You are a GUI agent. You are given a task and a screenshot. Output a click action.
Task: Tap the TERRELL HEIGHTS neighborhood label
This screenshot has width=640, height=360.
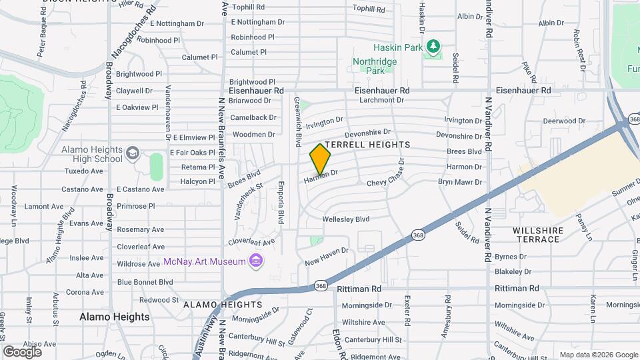[x=366, y=144]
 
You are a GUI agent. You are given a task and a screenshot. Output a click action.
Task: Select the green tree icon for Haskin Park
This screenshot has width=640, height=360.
[x=434, y=45]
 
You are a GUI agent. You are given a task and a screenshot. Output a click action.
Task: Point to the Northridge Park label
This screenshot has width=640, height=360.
[x=375, y=65]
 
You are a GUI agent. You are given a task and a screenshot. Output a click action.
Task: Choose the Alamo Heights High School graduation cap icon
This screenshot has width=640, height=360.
[x=133, y=154]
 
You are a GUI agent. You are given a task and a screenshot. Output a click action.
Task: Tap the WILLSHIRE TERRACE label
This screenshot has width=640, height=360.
[x=538, y=235]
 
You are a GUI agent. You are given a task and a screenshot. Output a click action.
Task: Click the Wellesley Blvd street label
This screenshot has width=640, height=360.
[x=345, y=219]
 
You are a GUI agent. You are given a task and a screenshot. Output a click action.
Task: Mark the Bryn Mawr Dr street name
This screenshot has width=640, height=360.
[x=459, y=181]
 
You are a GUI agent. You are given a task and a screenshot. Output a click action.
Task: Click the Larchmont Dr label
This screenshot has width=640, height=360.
[x=381, y=101]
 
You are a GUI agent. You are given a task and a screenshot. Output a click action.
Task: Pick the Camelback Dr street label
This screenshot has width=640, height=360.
[x=254, y=117]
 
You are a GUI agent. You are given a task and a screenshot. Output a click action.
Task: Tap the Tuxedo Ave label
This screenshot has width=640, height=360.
[x=83, y=171]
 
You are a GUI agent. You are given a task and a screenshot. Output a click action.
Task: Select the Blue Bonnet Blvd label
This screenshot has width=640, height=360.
[x=145, y=282]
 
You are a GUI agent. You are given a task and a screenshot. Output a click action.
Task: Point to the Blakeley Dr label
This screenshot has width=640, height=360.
[x=513, y=271]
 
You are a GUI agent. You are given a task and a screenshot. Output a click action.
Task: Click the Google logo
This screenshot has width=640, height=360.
[x=22, y=351]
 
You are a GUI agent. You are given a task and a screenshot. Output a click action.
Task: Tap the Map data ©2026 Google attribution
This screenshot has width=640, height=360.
[x=597, y=355]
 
